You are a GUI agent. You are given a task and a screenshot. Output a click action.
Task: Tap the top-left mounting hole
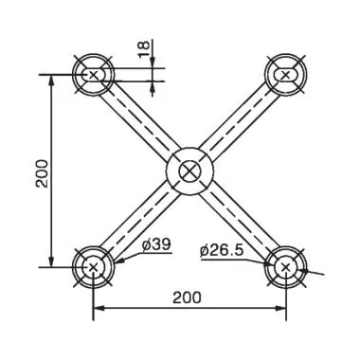(x=93, y=74)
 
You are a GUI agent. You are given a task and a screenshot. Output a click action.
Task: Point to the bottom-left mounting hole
(x=93, y=267)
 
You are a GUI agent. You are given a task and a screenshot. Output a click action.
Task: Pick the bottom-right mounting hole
(x=286, y=267)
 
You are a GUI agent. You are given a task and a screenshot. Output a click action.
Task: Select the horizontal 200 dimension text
(x=187, y=297)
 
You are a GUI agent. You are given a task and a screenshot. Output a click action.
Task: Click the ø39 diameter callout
(x=155, y=244)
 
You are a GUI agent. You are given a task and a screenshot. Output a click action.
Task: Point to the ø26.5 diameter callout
(x=224, y=250)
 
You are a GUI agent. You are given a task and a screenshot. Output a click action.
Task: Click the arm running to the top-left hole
(x=138, y=119)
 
